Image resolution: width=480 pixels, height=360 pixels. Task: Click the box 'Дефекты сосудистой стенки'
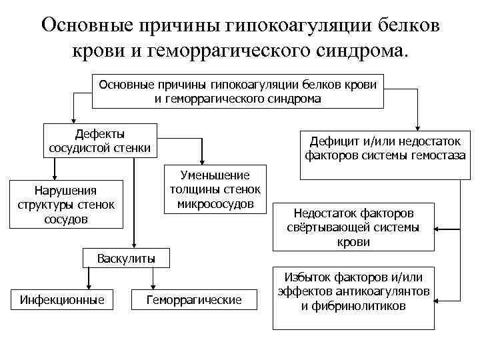point(100,140)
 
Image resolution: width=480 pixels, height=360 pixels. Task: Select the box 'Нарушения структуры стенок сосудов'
point(65,205)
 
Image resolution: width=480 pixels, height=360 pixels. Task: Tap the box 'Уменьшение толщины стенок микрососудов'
point(215,189)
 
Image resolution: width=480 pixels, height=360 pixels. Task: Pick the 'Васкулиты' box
point(126,257)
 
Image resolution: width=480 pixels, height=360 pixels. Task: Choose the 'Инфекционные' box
point(62,300)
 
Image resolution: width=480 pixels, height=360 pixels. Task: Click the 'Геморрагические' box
point(193,300)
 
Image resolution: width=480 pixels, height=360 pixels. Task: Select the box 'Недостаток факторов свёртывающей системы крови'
point(353,227)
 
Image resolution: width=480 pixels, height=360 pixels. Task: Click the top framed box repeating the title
point(237,91)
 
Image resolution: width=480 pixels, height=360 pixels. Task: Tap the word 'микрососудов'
point(215,203)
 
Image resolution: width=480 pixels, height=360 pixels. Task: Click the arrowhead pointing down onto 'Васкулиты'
point(134,244)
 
